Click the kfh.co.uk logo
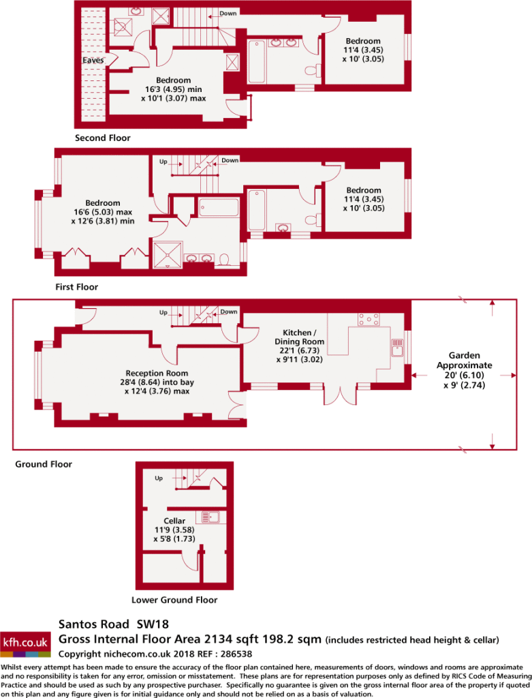pos(25,643)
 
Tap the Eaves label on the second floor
pos(93,60)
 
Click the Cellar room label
pos(174,521)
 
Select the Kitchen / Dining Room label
pos(299,337)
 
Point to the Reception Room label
pos(157,373)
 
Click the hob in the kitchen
pos(369,320)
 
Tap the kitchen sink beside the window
pos(397,348)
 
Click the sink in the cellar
pos(211,517)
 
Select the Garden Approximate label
pos(465,360)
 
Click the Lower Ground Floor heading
pos(174,600)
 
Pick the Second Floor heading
pos(103,138)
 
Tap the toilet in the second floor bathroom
pos(313,71)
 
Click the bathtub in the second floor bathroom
pos(257,61)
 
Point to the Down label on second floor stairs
pos(228,14)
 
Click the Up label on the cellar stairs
pos(159,479)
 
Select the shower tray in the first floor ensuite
pos(168,255)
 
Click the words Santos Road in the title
pos(94,624)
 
